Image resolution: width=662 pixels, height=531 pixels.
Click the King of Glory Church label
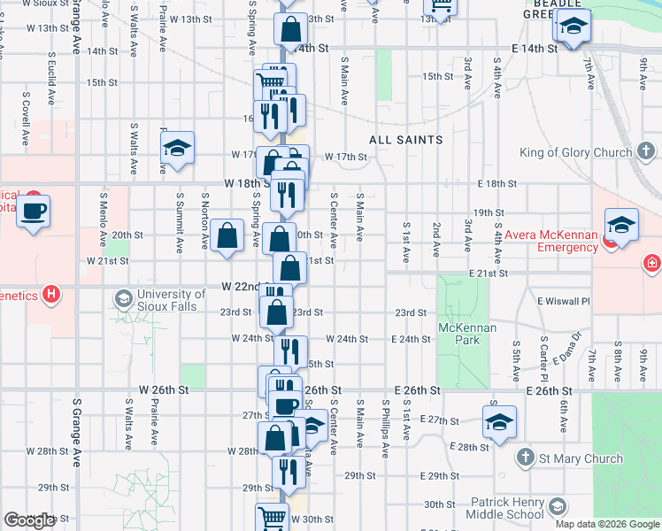pos(575,152)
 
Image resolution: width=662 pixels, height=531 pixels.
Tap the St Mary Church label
pos(579,458)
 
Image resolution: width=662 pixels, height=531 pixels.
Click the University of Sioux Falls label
pos(172,300)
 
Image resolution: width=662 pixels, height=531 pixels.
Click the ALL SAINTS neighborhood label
pos(406,140)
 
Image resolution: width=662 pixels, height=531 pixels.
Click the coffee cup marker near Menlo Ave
pos(35,212)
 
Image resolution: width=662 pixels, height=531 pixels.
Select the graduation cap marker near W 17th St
pos(178,149)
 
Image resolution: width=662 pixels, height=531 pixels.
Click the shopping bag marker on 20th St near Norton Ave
pos(227,235)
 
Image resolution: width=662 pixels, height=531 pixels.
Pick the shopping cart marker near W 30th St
pos(272,516)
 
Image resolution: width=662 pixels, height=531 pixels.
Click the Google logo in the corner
pos(29,520)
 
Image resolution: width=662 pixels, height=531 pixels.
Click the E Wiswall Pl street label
pos(564,302)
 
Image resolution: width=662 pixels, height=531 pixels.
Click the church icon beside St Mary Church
pos(525,458)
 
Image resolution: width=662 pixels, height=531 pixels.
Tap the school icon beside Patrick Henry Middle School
pos(557,507)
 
